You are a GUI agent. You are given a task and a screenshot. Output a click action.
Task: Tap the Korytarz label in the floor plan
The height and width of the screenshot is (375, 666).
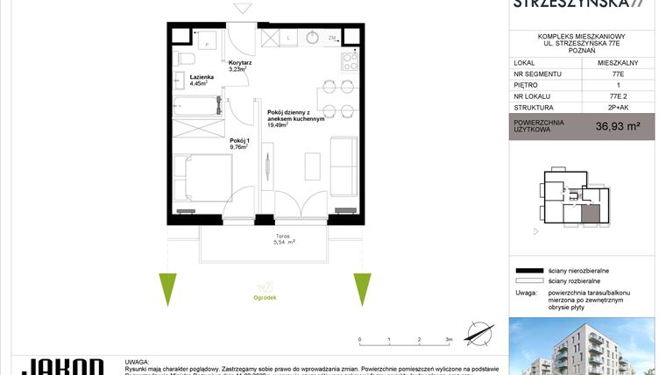pyautogui.click(x=241, y=64)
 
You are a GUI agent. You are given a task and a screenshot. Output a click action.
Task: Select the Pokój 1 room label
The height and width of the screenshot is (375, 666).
pyautogui.click(x=239, y=140)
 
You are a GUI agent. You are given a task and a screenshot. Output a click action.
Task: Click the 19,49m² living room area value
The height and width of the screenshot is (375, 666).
pyautogui.click(x=280, y=125)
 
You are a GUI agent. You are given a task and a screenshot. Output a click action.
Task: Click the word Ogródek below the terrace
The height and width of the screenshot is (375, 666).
pyautogui.click(x=266, y=298)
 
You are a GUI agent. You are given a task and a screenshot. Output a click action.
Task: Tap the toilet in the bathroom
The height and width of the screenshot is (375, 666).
pyautogui.click(x=187, y=58)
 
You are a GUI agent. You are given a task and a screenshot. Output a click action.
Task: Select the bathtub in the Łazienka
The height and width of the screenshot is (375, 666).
pyautogui.click(x=194, y=109)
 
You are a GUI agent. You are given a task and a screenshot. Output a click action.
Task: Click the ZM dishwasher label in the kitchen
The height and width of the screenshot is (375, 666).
pyautogui.click(x=333, y=39)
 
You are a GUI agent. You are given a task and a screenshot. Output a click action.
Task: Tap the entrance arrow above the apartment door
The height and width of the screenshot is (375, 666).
pyautogui.click(x=241, y=9)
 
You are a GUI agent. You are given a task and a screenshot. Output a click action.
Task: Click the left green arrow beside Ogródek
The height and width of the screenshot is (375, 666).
pyautogui.click(x=167, y=288)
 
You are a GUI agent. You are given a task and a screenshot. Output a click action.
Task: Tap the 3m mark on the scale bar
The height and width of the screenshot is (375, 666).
pyautogui.click(x=449, y=338)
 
